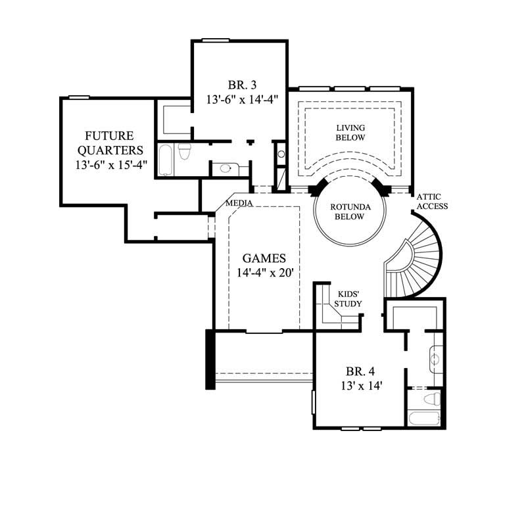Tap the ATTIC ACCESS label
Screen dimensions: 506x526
coord(431,201)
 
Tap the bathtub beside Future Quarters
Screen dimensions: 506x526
coord(164,158)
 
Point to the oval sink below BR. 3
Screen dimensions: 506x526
coord(226,169)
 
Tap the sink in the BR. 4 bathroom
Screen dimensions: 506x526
coord(435,359)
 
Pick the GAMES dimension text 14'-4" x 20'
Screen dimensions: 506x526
coord(263,273)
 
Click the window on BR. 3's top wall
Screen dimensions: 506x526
coord(214,41)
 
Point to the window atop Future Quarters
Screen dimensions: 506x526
coord(79,97)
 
